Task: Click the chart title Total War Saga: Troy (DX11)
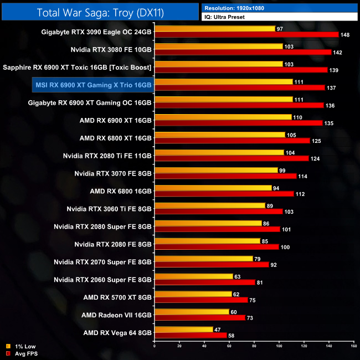99,12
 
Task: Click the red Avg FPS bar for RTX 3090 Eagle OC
246,35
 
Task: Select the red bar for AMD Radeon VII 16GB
199,318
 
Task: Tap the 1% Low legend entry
22,346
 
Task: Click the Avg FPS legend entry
22,353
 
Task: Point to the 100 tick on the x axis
279,346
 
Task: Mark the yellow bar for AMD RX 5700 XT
193,294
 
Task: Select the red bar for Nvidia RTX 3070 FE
225,176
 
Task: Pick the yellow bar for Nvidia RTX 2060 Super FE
194,276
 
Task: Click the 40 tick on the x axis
204,346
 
